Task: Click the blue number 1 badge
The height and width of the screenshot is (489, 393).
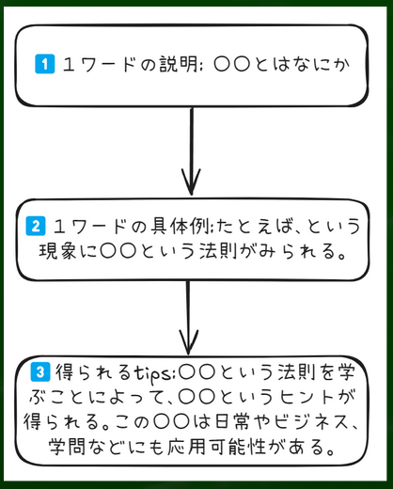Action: pos(45,64)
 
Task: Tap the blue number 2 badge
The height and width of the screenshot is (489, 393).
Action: pos(36,226)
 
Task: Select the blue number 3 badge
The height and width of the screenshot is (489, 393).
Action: pos(40,371)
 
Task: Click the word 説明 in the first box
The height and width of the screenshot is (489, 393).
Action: pos(179,64)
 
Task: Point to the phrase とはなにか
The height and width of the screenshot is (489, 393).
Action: pos(302,65)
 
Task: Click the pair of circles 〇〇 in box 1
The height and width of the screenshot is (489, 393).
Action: pos(232,65)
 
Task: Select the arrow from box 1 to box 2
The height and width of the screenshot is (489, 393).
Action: pos(191,151)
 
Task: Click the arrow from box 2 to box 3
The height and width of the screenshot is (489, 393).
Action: pos(188,318)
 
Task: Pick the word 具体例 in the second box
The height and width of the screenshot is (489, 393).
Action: pos(181,226)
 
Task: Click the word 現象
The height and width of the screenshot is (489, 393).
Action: pos(58,250)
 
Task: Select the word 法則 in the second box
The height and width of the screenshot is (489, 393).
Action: pos(218,250)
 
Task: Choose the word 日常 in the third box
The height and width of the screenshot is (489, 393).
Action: pos(233,421)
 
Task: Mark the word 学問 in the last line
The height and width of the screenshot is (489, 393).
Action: pos(67,446)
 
